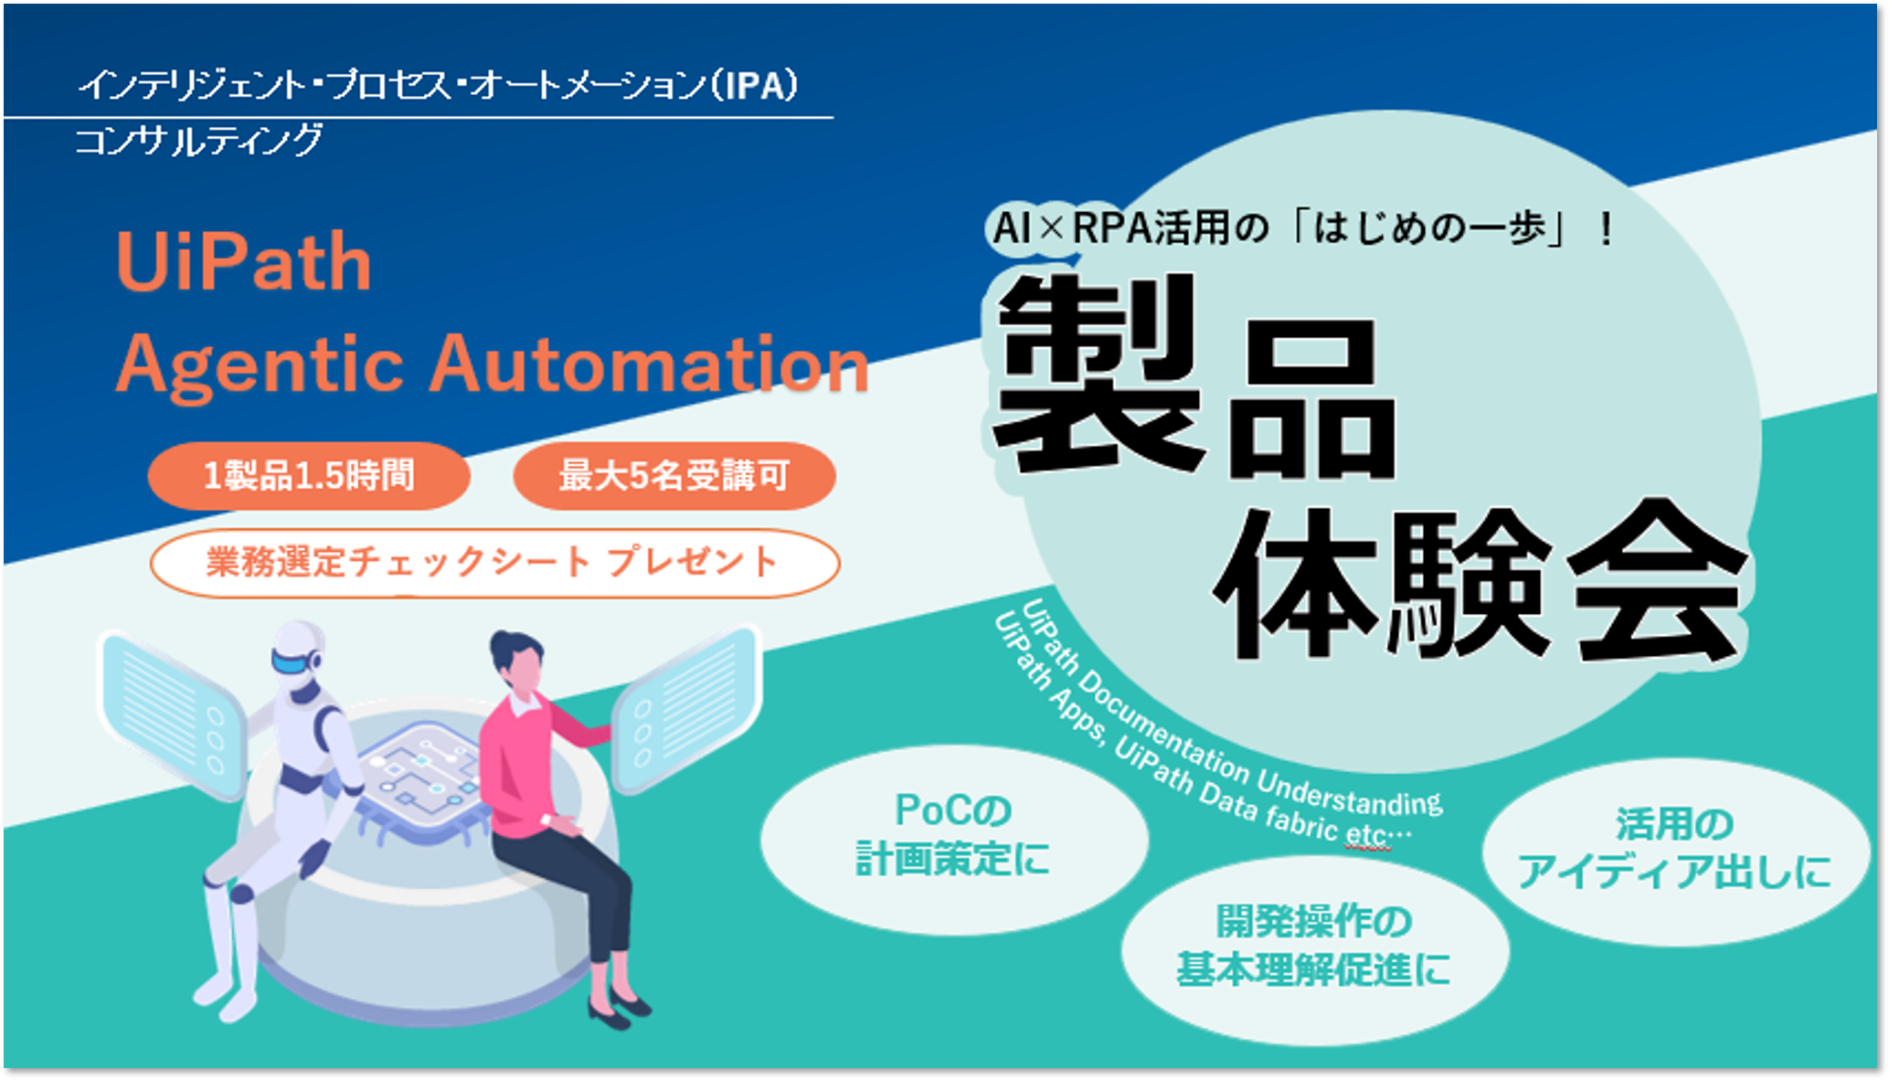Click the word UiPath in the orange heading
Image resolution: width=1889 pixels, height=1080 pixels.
[244, 262]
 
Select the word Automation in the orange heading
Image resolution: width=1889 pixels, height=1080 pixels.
[649, 364]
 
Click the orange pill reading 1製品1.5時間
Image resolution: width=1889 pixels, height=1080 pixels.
[309, 476]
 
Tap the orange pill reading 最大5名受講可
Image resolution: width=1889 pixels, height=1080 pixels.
[674, 476]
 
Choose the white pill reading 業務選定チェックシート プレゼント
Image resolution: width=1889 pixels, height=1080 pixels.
[494, 563]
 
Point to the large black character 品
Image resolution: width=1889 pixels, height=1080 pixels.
[1312, 399]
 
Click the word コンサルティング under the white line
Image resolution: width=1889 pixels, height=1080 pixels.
[198, 140]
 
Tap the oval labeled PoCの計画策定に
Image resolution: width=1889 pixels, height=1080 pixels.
[953, 839]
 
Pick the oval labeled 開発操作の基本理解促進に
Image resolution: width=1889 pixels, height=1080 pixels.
[1314, 948]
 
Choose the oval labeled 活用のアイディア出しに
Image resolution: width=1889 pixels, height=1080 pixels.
[1675, 851]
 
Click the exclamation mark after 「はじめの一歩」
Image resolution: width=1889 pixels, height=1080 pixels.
[1606, 228]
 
